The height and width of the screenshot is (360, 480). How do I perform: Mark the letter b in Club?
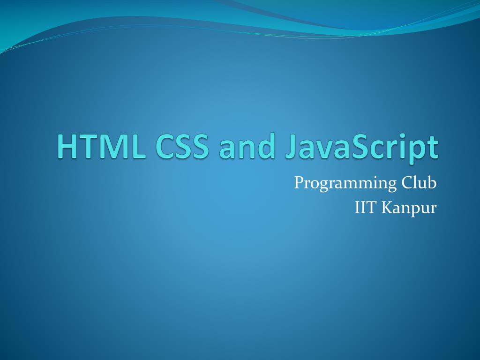tap(432, 182)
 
